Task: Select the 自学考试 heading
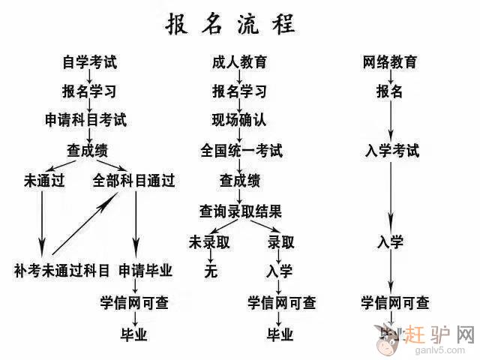[x=89, y=63]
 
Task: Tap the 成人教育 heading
[x=239, y=63]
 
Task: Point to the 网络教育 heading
[x=389, y=63]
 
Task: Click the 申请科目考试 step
[x=85, y=120]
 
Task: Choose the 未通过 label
[x=42, y=181]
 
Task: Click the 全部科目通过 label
[x=133, y=181]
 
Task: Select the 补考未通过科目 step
[x=61, y=270]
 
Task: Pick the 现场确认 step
[x=239, y=120]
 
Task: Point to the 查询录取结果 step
[x=240, y=211]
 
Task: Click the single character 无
[x=211, y=271]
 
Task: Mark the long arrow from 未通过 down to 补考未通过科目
[x=42, y=221]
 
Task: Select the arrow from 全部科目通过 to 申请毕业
[x=136, y=221]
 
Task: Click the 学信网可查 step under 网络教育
[x=395, y=303]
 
